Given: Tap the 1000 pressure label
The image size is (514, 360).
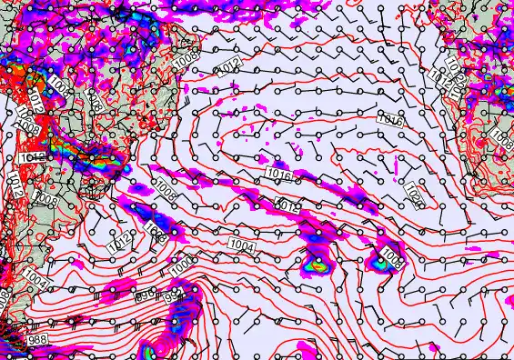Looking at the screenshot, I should click(181, 265).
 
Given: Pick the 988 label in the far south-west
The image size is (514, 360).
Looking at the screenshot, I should click(37, 339).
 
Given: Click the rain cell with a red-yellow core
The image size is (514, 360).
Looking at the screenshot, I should click(318, 266).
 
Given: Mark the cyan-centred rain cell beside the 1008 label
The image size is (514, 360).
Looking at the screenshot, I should click(378, 260).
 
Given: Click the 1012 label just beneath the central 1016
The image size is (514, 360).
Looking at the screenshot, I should click(287, 206).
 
